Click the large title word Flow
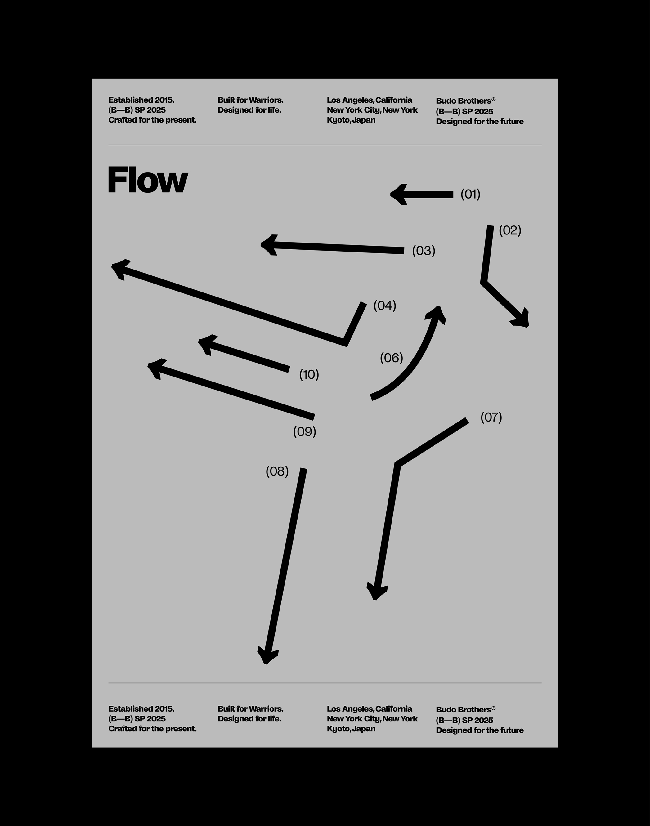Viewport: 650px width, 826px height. point(148,180)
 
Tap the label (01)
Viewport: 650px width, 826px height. point(470,194)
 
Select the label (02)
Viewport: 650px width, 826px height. point(509,230)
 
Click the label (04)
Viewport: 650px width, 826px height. point(384,306)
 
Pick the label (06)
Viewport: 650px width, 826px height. point(391,358)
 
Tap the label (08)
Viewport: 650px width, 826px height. point(277,471)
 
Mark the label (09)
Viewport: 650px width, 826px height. point(304,431)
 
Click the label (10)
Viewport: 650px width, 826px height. point(309,375)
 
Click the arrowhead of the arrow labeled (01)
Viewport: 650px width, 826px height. point(398,194)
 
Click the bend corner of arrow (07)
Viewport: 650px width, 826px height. point(398,464)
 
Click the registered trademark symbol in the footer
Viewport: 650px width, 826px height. point(494,708)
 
